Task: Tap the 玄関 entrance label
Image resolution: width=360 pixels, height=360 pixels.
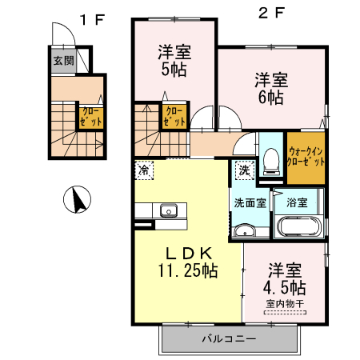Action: point(64,61)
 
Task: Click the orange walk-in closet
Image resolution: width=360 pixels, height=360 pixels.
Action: point(306,154)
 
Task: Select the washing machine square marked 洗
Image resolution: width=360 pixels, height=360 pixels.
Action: point(244,170)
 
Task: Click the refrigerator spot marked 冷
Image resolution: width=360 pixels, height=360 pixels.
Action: point(144,170)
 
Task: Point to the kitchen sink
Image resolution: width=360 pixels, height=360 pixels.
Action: point(168,211)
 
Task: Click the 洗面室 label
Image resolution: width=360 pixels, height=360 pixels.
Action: point(250,202)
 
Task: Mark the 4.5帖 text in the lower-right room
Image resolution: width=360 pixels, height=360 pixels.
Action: point(286,286)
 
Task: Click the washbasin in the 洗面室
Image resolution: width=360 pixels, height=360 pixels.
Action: point(243,232)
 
